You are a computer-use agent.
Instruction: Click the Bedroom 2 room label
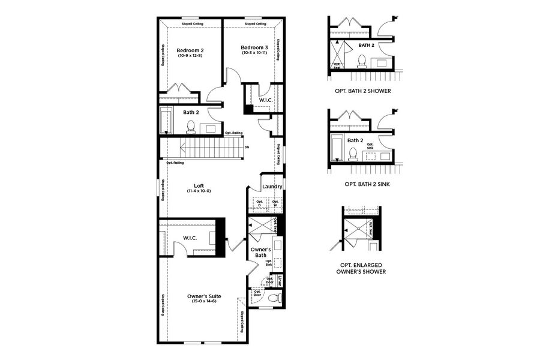pyautogui.click(x=190, y=50)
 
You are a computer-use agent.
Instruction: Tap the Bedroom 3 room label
pyautogui.click(x=254, y=47)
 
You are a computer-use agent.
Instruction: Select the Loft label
pyautogui.click(x=199, y=185)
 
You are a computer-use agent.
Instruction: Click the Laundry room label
pyautogui.click(x=272, y=187)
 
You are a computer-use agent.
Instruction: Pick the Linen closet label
pyautogui.click(x=279, y=280)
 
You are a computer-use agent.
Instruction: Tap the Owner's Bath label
pyautogui.click(x=260, y=253)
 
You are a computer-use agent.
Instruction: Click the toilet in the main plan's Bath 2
pyautogui.click(x=191, y=127)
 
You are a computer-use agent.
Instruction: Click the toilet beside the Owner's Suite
pyautogui.click(x=275, y=298)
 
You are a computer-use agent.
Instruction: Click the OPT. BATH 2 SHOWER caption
pyautogui.click(x=363, y=91)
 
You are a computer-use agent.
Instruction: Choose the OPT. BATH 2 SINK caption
pyautogui.click(x=363, y=184)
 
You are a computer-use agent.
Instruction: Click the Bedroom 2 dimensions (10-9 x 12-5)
pyautogui.click(x=190, y=56)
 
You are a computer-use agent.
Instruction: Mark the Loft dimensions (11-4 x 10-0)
pyautogui.click(x=199, y=191)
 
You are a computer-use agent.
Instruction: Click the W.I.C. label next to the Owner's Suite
pyautogui.click(x=191, y=239)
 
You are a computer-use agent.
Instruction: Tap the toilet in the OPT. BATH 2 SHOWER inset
pyautogui.click(x=362, y=60)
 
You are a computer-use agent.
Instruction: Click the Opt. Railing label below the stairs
pyautogui.click(x=175, y=163)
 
